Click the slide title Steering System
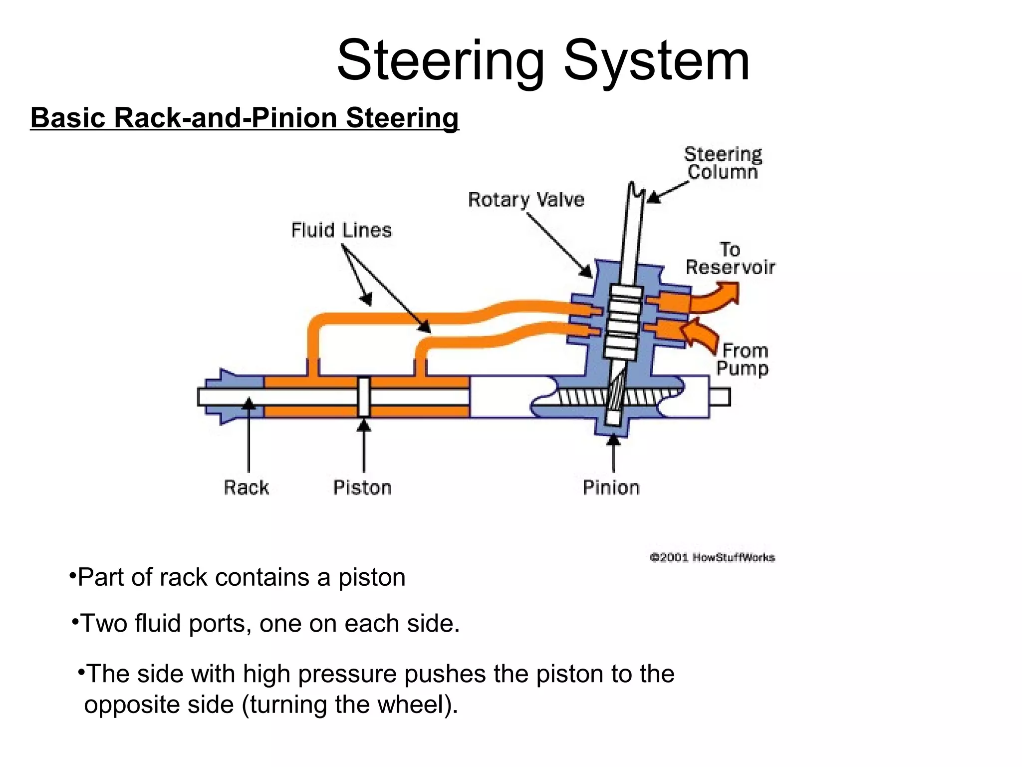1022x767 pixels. coord(543,61)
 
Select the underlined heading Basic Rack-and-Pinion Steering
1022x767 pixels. coord(244,118)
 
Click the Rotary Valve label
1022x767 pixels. coord(526,200)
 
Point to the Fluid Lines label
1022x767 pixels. coord(341,230)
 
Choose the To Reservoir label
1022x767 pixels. coord(730,259)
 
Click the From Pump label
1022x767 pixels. coord(743,360)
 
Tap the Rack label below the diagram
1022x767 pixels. coord(246,487)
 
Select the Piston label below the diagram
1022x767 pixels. coord(362,487)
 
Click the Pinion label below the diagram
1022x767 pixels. coord(611,487)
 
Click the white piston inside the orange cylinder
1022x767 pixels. coord(364,397)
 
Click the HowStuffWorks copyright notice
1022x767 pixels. coord(712,557)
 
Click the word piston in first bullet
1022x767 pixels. coord(371,578)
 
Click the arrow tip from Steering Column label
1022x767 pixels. coord(650,200)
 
